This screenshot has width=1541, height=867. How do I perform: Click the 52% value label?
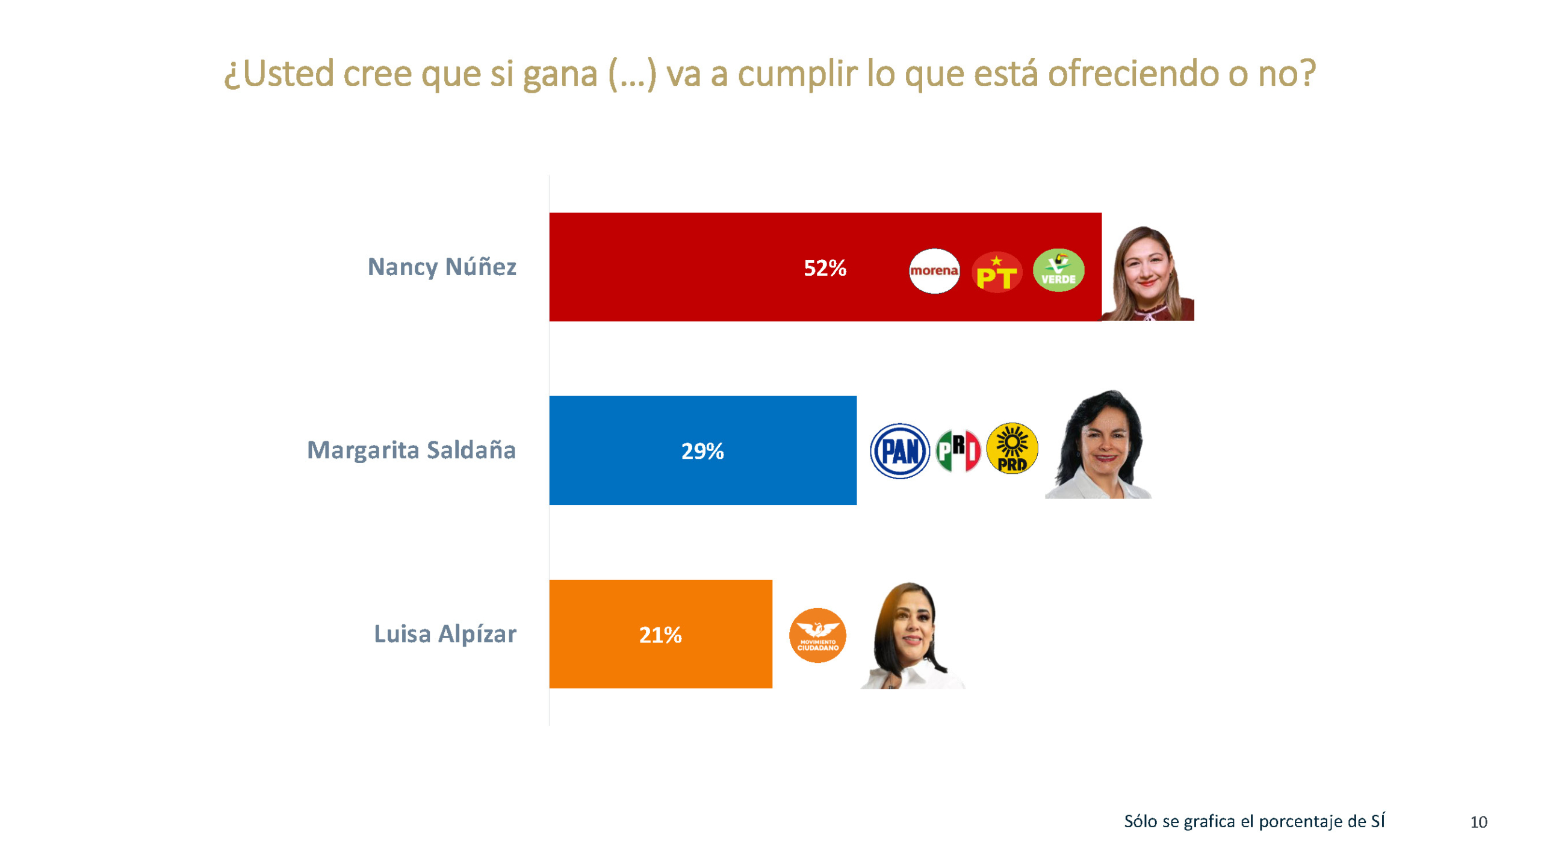(x=825, y=268)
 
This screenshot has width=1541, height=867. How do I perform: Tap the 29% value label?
(x=702, y=451)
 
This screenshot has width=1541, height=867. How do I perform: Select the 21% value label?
(x=660, y=635)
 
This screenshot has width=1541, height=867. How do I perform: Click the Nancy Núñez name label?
(x=441, y=267)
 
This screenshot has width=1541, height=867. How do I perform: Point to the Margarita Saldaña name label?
(x=411, y=450)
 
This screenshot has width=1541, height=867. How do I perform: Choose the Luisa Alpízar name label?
(x=445, y=633)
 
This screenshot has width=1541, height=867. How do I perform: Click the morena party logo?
(x=934, y=270)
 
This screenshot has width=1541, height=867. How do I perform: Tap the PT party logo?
(x=996, y=272)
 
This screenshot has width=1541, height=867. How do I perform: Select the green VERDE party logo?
(x=1058, y=270)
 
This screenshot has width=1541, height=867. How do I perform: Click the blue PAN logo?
(x=899, y=451)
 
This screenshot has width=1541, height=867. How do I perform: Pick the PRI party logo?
(x=958, y=451)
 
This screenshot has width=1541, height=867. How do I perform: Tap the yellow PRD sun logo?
(x=1012, y=448)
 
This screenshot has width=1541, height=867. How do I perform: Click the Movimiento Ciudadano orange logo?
(x=817, y=635)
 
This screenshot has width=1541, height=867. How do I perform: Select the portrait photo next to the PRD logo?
(x=1099, y=446)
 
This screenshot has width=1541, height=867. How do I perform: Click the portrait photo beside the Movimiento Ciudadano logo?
(x=911, y=636)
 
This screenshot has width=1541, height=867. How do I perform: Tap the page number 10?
(x=1478, y=822)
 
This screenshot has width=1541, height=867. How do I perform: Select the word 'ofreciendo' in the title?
(x=1133, y=73)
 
